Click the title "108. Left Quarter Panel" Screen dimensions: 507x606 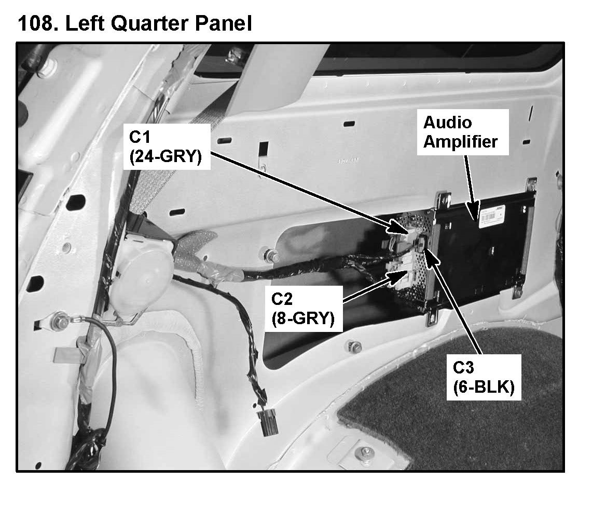[135, 23]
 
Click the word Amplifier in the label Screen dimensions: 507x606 [460, 141]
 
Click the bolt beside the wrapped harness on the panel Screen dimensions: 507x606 [270, 255]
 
